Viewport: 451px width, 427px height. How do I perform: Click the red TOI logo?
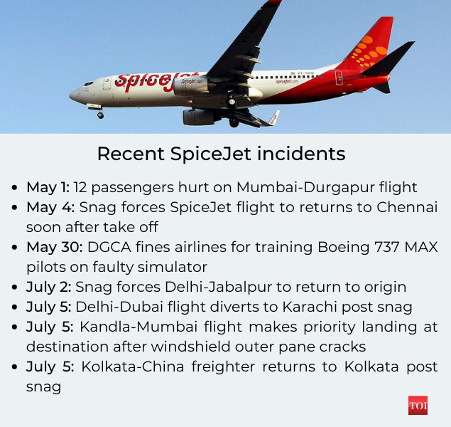click(418, 406)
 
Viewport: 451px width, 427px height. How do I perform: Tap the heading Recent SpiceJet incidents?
click(221, 154)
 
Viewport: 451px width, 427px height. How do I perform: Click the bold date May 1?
click(48, 188)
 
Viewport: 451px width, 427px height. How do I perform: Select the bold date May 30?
click(52, 248)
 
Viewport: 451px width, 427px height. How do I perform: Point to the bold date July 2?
click(48, 288)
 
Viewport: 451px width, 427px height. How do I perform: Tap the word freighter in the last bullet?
click(230, 367)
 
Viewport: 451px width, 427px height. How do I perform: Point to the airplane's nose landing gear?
click(99, 112)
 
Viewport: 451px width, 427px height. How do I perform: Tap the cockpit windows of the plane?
click(88, 83)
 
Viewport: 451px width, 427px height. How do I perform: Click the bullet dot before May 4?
click(15, 209)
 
